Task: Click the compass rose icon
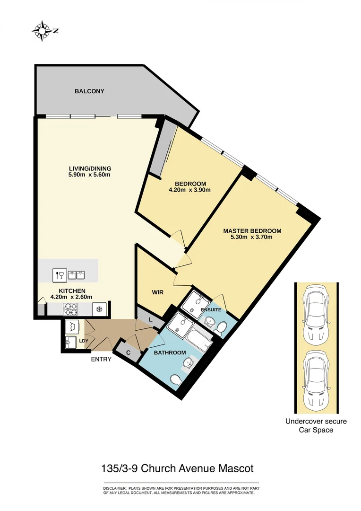tap(42, 31)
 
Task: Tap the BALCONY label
tap(89, 91)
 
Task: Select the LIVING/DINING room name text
tap(89, 168)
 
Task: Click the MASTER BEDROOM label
tap(252, 231)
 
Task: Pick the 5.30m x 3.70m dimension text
tap(252, 238)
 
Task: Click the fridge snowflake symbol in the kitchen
tap(100, 309)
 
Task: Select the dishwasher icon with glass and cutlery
tap(59, 275)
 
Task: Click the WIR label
tap(158, 292)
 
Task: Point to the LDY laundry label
tap(84, 341)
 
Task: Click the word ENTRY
tap(101, 359)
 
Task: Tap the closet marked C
tap(128, 352)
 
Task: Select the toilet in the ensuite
tap(220, 326)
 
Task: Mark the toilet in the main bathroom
tap(176, 380)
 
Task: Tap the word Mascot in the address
tap(236, 468)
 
